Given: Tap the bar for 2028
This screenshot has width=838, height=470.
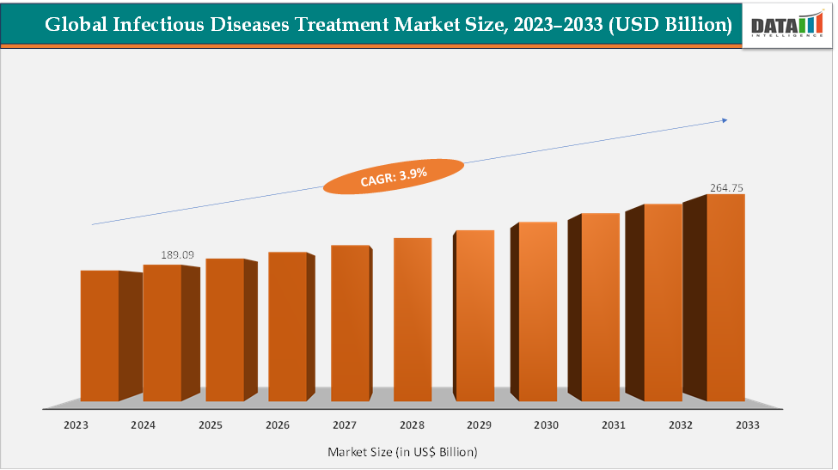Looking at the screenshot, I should click(413, 320).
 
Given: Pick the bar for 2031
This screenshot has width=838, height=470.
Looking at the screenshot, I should click(600, 307).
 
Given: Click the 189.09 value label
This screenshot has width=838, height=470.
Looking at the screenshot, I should click(178, 255).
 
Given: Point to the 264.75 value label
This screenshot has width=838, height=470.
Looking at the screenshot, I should click(727, 186).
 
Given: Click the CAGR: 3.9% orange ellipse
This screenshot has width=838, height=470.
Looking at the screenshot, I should click(386, 176).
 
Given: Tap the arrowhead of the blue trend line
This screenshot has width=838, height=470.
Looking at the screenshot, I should click(725, 120).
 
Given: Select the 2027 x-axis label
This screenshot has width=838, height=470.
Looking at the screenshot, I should click(344, 424).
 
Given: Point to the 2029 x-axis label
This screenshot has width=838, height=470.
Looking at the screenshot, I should click(479, 424).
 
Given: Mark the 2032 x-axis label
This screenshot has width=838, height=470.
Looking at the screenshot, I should click(680, 424).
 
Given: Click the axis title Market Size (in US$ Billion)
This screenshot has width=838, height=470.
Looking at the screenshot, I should click(402, 451).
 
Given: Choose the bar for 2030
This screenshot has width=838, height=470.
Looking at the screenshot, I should click(537, 311).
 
